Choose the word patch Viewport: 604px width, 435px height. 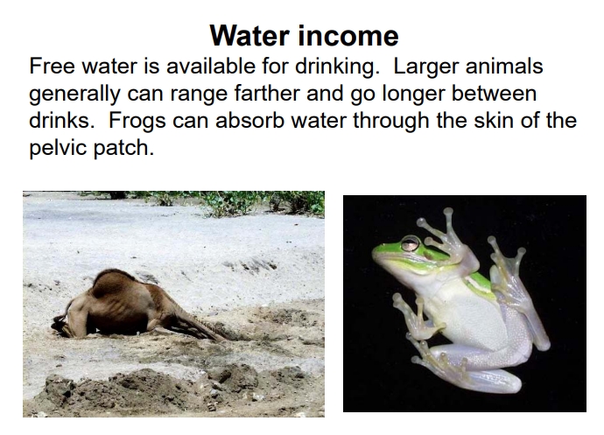point(128,147)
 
